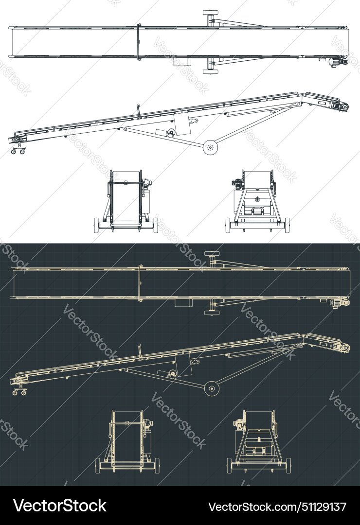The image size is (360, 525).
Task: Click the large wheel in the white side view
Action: (211, 148)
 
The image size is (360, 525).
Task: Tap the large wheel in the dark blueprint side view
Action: (212, 388)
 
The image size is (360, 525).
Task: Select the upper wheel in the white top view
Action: (211, 12)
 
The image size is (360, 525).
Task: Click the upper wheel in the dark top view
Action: (212, 253)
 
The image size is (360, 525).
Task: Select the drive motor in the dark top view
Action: (337, 303)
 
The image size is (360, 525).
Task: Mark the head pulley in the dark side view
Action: (345, 348)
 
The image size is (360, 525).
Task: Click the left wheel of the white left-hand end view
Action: (96, 225)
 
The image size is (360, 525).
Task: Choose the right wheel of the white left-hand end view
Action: (156, 225)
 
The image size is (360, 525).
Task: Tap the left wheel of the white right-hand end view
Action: (228, 225)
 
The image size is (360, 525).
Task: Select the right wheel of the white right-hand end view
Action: (287, 225)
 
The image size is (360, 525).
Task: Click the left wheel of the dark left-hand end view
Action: (98, 466)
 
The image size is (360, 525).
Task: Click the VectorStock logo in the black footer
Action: (60, 506)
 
